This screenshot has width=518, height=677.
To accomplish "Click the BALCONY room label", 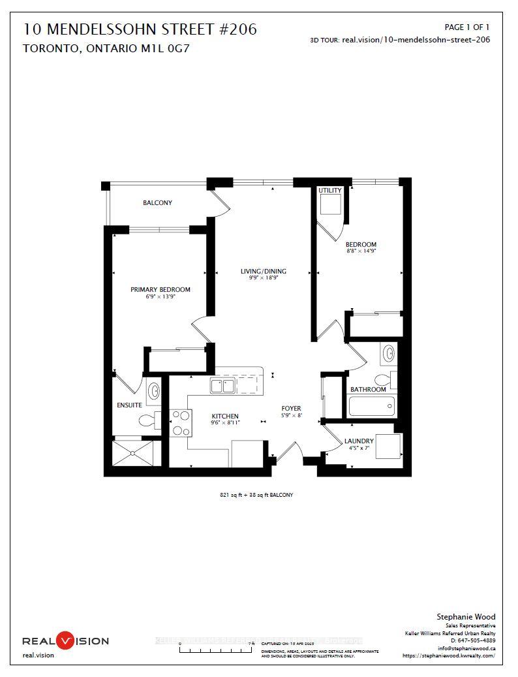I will pos(158,203).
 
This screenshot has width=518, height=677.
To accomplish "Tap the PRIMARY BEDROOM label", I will pos(160,290).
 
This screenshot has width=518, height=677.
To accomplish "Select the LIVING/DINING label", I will pos(263,272).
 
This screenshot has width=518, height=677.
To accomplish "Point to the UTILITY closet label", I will pos(329,191).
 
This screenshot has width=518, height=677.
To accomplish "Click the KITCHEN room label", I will pos(224,416).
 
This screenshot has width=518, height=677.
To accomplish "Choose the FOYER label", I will pos(291,408).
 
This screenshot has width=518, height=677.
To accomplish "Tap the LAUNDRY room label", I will pos(359,441).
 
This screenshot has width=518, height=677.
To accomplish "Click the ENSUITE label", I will pos(129,405).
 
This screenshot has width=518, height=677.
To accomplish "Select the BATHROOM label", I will pos(368,389).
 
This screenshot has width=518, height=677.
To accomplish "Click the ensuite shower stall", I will pos(136,453).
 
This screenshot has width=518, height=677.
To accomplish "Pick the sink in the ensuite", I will pos(154,391).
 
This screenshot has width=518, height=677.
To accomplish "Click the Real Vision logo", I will pos(66,640).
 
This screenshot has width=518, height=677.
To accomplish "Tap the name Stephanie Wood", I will pos(466,616).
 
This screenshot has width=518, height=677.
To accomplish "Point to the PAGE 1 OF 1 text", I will pos(466,27).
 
